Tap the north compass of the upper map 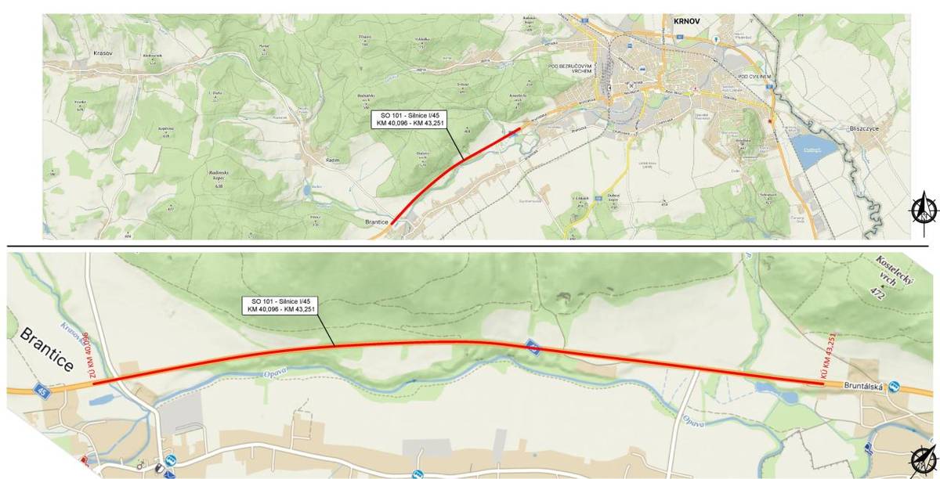pyautogui.click(x=925, y=208)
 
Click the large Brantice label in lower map pyautogui.click(x=47, y=351)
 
